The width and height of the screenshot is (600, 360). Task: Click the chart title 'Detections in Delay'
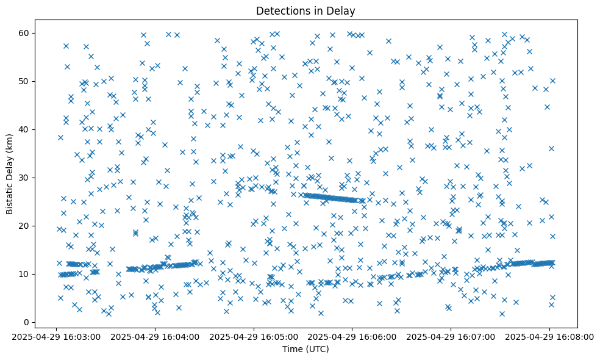tap(305, 11)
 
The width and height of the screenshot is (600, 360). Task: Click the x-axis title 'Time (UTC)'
tap(305, 349)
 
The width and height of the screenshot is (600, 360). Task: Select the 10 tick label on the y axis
tap(27, 274)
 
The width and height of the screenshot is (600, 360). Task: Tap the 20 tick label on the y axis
tap(27, 226)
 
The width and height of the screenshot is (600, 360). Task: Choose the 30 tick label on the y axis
tap(27, 178)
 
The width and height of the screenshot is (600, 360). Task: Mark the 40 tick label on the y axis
tap(27, 129)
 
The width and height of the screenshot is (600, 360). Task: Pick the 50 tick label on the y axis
tap(27, 81)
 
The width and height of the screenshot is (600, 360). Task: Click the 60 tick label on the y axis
tap(27, 33)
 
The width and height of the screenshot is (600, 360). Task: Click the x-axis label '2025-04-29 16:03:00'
tap(57, 336)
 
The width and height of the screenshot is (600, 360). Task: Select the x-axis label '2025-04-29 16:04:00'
tap(155, 336)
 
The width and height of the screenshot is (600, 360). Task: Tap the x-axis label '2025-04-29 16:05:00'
tap(254, 336)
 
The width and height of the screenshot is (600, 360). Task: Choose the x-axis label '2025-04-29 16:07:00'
tap(451, 336)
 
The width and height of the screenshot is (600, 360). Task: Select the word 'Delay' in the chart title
tap(342, 11)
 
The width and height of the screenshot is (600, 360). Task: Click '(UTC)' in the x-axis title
tap(317, 349)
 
